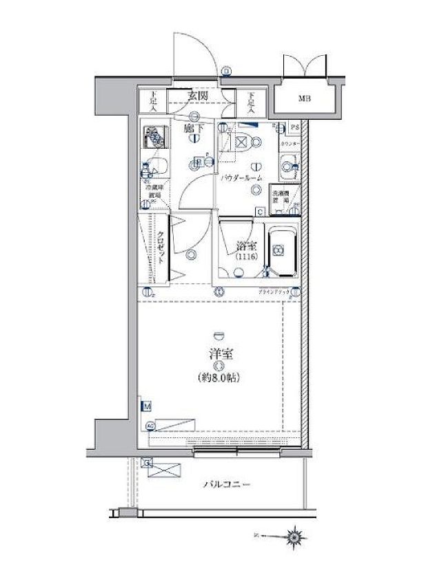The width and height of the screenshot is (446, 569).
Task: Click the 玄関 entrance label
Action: pos(199,97)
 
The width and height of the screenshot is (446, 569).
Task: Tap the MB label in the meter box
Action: pos(304,99)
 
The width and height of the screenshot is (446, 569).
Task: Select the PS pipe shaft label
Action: pos(294,127)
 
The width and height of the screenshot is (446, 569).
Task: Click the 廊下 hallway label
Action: pos(192,128)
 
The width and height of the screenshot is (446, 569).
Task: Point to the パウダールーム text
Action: pos(241,178)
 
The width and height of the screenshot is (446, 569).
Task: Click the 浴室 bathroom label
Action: pos(246,245)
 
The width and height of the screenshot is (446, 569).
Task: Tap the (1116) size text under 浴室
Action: pos(245,257)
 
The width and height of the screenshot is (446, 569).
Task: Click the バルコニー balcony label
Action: pos(227,485)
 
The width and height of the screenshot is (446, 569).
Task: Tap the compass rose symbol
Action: pos(296,535)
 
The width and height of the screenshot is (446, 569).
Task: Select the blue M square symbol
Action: pos(147,407)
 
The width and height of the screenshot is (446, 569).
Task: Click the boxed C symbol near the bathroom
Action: pos(260,211)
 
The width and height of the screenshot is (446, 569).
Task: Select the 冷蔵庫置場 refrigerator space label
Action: pos(152,190)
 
